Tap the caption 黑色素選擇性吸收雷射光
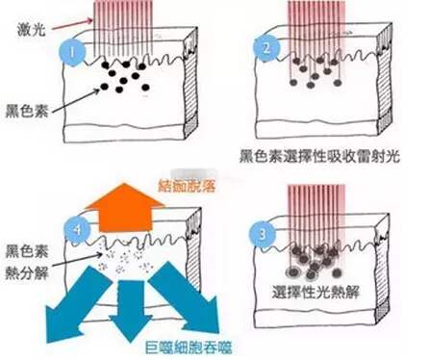click(322, 154)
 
